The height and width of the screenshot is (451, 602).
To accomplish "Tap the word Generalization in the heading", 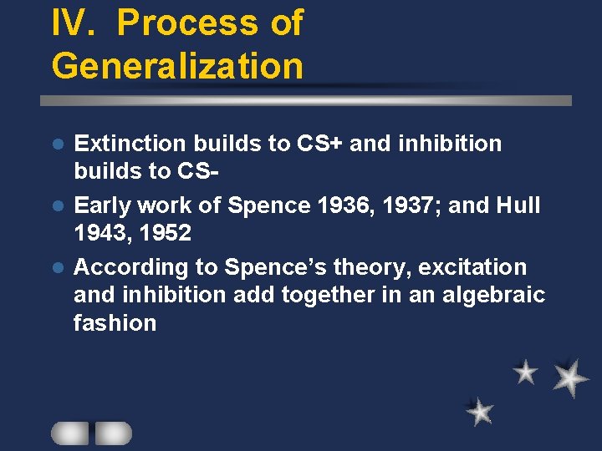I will click(177, 65).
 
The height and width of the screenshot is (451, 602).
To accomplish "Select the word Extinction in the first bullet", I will click(127, 144).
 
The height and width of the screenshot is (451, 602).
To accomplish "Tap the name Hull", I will click(519, 205).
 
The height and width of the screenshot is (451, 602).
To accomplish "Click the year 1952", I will click(166, 233).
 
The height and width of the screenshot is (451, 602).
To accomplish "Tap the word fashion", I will click(115, 323).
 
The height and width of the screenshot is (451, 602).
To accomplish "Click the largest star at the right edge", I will click(570, 378).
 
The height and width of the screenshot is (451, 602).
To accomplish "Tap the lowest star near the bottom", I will click(480, 411).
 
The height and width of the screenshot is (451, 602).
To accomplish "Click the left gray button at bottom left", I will click(70, 433).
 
